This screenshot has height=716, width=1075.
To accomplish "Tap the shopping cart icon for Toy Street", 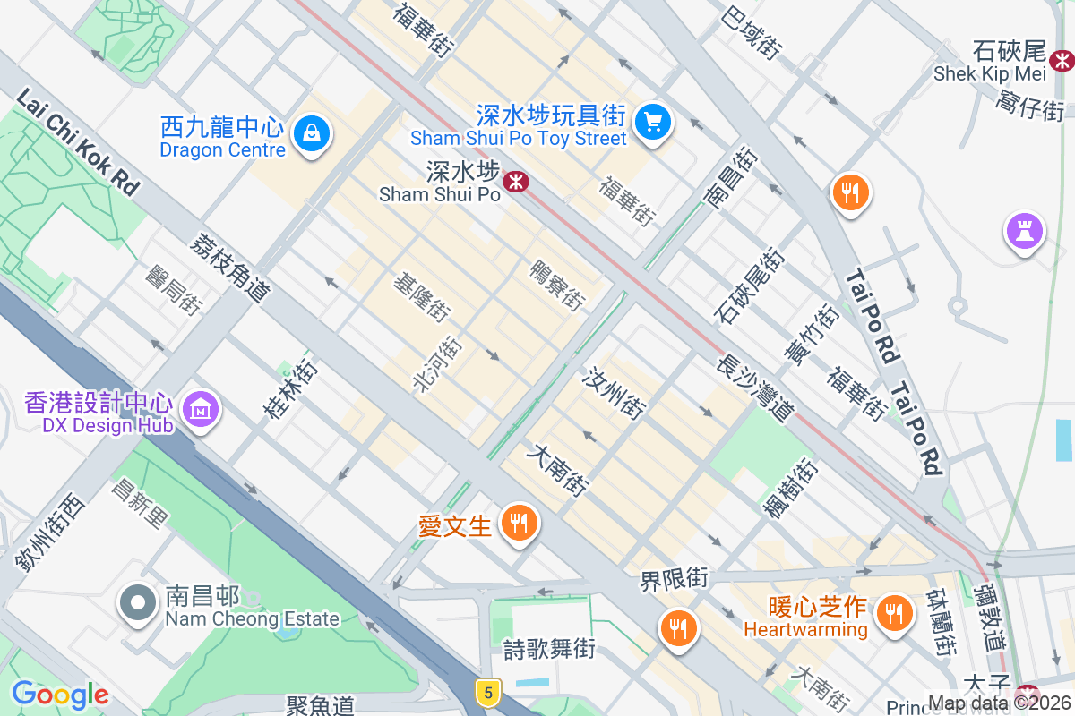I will (x=653, y=122).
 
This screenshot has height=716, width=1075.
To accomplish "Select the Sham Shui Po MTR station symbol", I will (x=515, y=183).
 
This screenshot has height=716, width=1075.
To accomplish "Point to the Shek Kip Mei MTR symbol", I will (x=1062, y=61).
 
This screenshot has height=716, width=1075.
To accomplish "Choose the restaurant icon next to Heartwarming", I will (x=892, y=613).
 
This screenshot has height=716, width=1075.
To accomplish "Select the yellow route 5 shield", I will (x=487, y=692).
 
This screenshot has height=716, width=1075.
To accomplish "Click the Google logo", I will (x=60, y=695).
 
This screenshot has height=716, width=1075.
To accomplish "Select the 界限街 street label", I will (x=674, y=579).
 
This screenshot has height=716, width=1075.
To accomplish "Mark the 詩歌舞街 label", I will (x=548, y=648).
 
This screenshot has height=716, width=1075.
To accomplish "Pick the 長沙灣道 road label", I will (x=755, y=386).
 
